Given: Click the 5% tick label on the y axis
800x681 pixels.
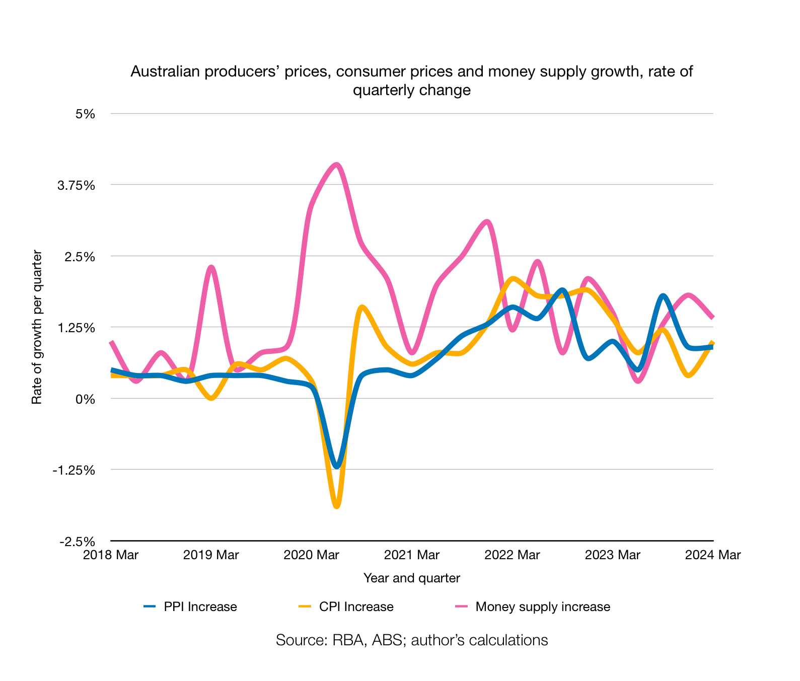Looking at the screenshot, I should tap(85, 114).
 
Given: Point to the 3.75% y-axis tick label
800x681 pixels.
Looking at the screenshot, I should tap(77, 185).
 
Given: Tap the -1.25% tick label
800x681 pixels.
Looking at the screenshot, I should tap(74, 470).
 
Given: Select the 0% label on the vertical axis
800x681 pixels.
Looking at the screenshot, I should tap(85, 399).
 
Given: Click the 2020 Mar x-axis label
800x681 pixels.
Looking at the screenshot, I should tap(311, 555).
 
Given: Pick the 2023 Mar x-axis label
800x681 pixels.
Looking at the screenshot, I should tap(612, 555).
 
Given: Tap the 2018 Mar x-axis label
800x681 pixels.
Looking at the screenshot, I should tap(111, 555).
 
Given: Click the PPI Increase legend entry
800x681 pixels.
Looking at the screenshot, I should tap(200, 607).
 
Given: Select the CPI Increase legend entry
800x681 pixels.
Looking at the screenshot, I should tap(356, 607).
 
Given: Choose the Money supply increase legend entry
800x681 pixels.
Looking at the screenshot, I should tap(542, 607).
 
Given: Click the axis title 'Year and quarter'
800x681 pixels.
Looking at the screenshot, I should tap(411, 578).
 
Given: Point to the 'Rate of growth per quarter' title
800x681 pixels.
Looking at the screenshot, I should tap(37, 327).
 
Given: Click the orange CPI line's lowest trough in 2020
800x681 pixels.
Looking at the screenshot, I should tap(337, 506).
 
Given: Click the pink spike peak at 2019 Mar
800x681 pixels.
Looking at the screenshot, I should tap(211, 267).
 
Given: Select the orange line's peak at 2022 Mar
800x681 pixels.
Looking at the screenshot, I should tap(513, 278).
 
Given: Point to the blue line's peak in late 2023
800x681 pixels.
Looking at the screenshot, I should tap(663, 296).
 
